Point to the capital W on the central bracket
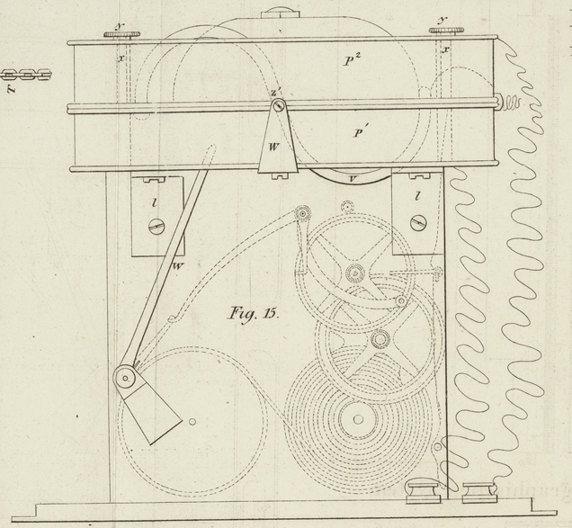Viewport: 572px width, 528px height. (x=276, y=144)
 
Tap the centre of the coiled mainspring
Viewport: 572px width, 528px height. (x=358, y=420)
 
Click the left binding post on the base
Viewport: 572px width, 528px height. (x=419, y=493)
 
